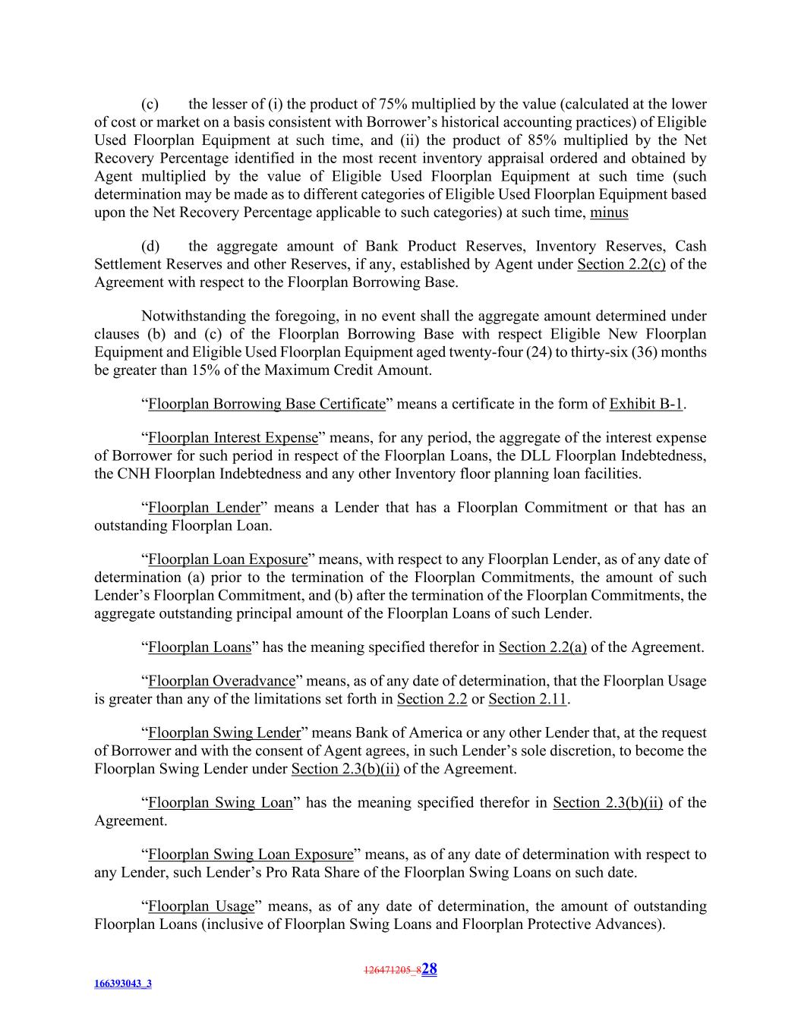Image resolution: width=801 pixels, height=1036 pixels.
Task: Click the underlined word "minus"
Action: tap(609, 213)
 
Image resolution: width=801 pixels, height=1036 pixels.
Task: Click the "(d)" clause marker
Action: tap(150, 246)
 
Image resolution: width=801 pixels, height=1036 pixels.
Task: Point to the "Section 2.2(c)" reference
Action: tap(621, 264)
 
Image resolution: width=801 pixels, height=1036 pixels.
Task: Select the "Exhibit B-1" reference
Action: tap(645, 404)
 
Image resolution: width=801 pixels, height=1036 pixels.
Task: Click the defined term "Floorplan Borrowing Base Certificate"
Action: tap(266, 404)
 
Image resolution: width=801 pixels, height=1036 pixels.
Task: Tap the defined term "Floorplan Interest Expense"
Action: tap(232, 438)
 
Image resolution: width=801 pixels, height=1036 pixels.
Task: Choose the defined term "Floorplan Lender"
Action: tap(204, 508)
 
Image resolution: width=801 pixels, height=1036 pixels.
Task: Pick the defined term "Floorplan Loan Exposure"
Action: tap(228, 559)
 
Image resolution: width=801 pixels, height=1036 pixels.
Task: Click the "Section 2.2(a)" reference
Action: tap(542, 647)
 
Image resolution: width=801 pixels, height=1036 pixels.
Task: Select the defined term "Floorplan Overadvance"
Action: tap(222, 681)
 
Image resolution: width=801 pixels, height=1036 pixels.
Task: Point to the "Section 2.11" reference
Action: tap(527, 699)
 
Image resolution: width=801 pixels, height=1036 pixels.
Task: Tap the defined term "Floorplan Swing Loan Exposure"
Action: tap(251, 855)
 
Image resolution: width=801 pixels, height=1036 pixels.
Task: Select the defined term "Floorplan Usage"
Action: tap(200, 906)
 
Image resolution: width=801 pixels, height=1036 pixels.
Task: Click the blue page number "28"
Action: tap(429, 968)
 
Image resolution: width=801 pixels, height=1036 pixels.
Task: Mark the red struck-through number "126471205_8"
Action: tap(392, 970)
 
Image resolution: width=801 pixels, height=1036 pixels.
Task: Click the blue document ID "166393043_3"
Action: tap(123, 984)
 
